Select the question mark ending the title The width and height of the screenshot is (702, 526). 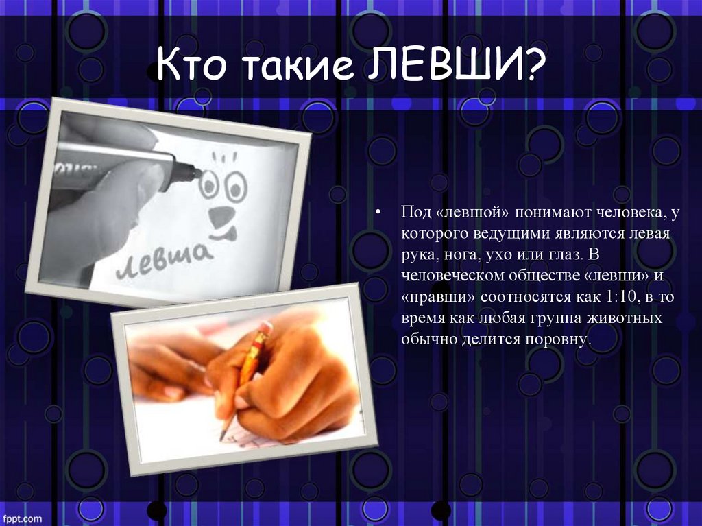coord(533,64)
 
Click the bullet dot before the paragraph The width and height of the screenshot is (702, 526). coord(379,211)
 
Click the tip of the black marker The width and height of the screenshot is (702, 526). coord(199,174)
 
